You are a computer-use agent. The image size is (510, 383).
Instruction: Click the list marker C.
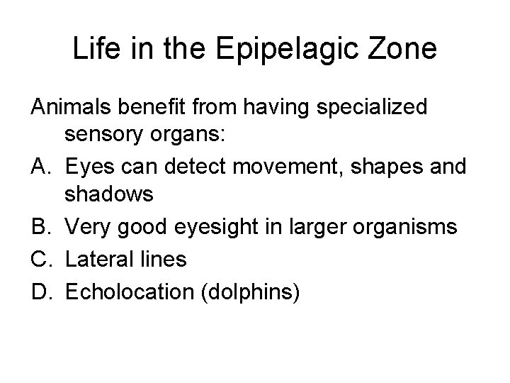[40, 259]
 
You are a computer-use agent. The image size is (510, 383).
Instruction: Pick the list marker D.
[40, 289]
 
